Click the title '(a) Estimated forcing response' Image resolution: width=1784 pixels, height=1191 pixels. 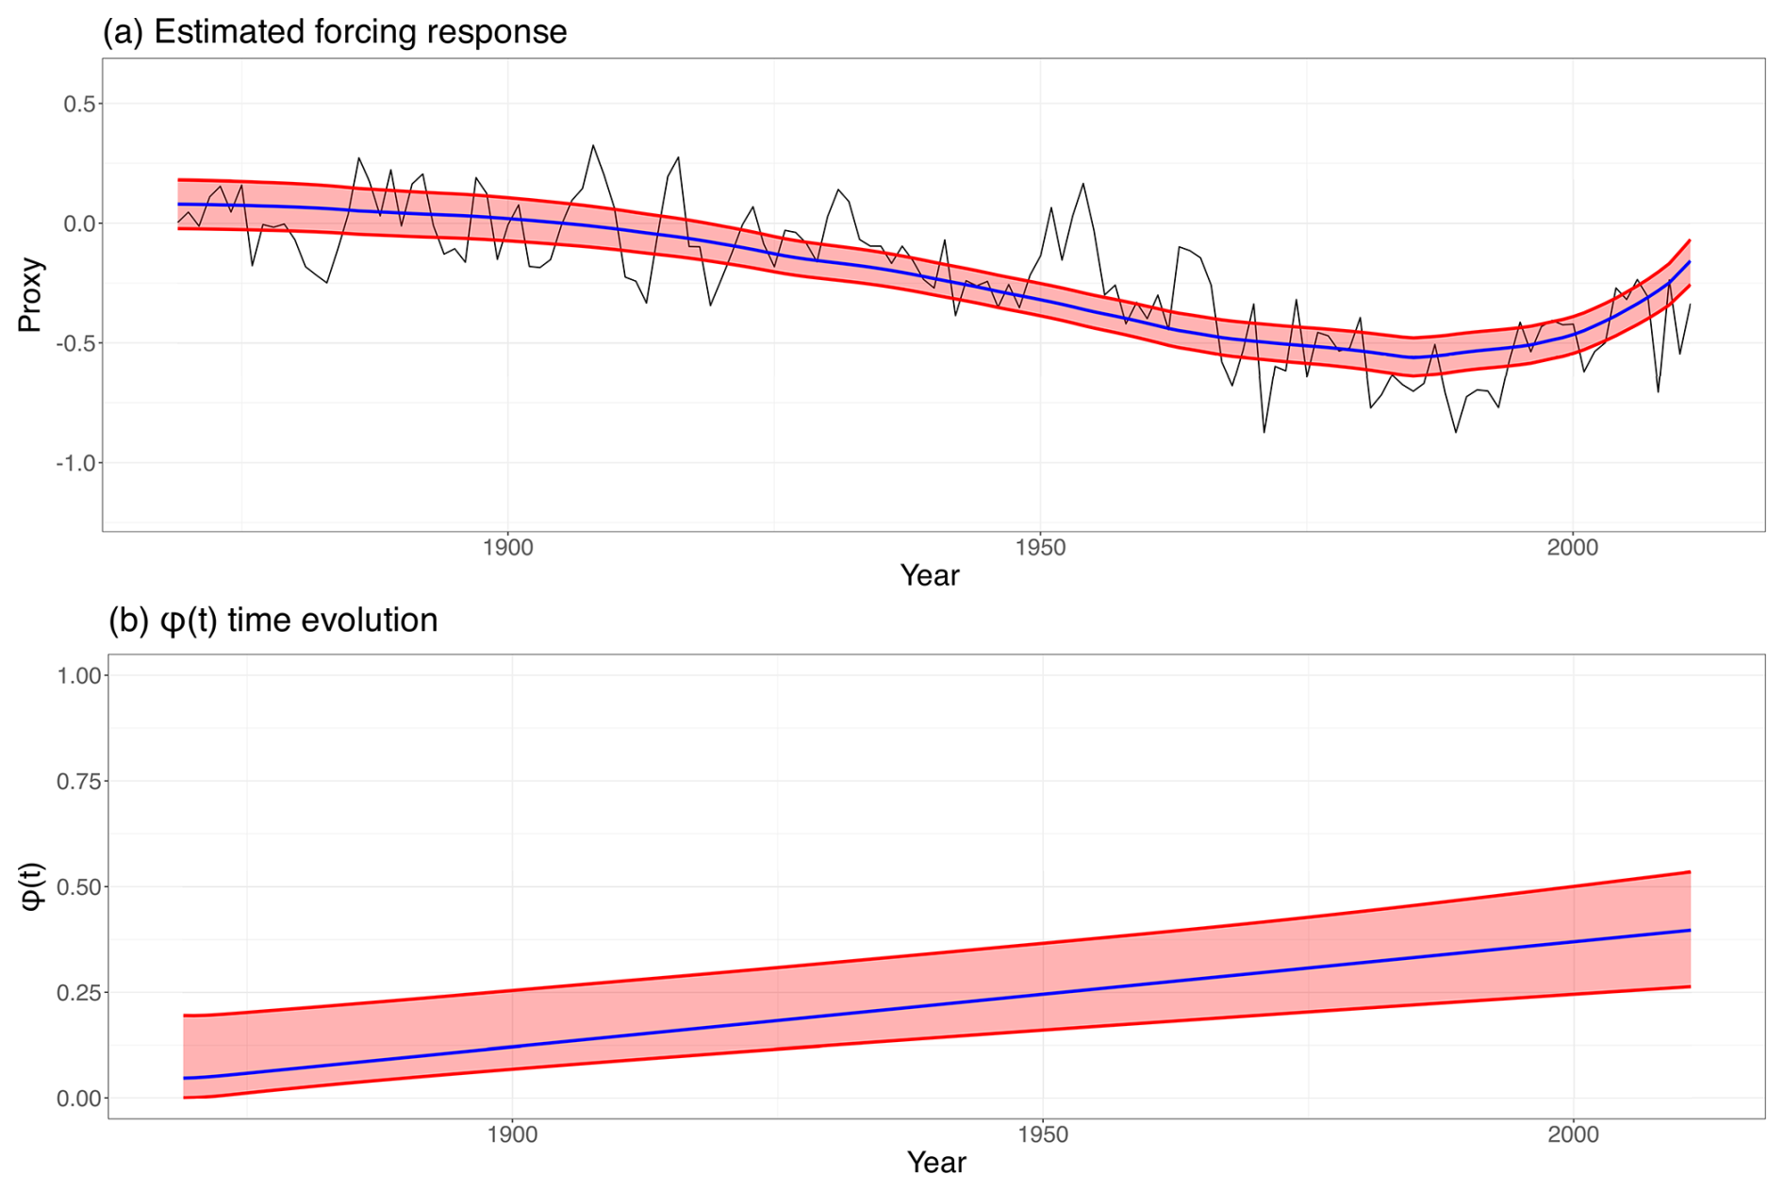click(x=335, y=32)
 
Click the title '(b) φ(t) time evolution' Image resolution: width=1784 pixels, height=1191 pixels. click(x=273, y=620)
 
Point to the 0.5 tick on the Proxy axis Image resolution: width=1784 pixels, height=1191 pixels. click(x=79, y=104)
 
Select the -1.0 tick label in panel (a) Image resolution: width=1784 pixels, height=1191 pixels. click(x=75, y=463)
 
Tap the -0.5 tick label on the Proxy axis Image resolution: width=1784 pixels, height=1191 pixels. click(x=75, y=343)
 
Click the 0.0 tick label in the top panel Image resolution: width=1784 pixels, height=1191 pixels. click(x=79, y=223)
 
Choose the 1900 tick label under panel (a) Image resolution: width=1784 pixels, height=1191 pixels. click(x=507, y=548)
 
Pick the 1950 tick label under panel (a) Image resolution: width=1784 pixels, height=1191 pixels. click(x=1040, y=548)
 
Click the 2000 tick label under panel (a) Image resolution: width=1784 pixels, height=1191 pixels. click(x=1573, y=548)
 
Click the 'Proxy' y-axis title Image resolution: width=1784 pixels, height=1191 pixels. click(x=30, y=294)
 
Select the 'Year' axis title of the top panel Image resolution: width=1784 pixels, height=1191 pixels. click(x=930, y=575)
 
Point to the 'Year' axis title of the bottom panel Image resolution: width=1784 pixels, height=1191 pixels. click(x=936, y=1163)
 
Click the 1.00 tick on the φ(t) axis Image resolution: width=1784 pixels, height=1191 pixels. click(x=79, y=675)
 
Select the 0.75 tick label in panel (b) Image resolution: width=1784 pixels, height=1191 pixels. click(x=79, y=781)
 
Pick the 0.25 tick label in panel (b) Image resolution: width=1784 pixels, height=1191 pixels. click(x=79, y=992)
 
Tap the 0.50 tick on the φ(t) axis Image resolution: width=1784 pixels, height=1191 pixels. click(x=79, y=886)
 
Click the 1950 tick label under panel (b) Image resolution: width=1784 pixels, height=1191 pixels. click(x=1043, y=1134)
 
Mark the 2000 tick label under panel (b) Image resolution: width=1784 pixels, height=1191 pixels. click(x=1574, y=1134)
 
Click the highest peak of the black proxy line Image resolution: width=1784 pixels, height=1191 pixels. click(x=592, y=145)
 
